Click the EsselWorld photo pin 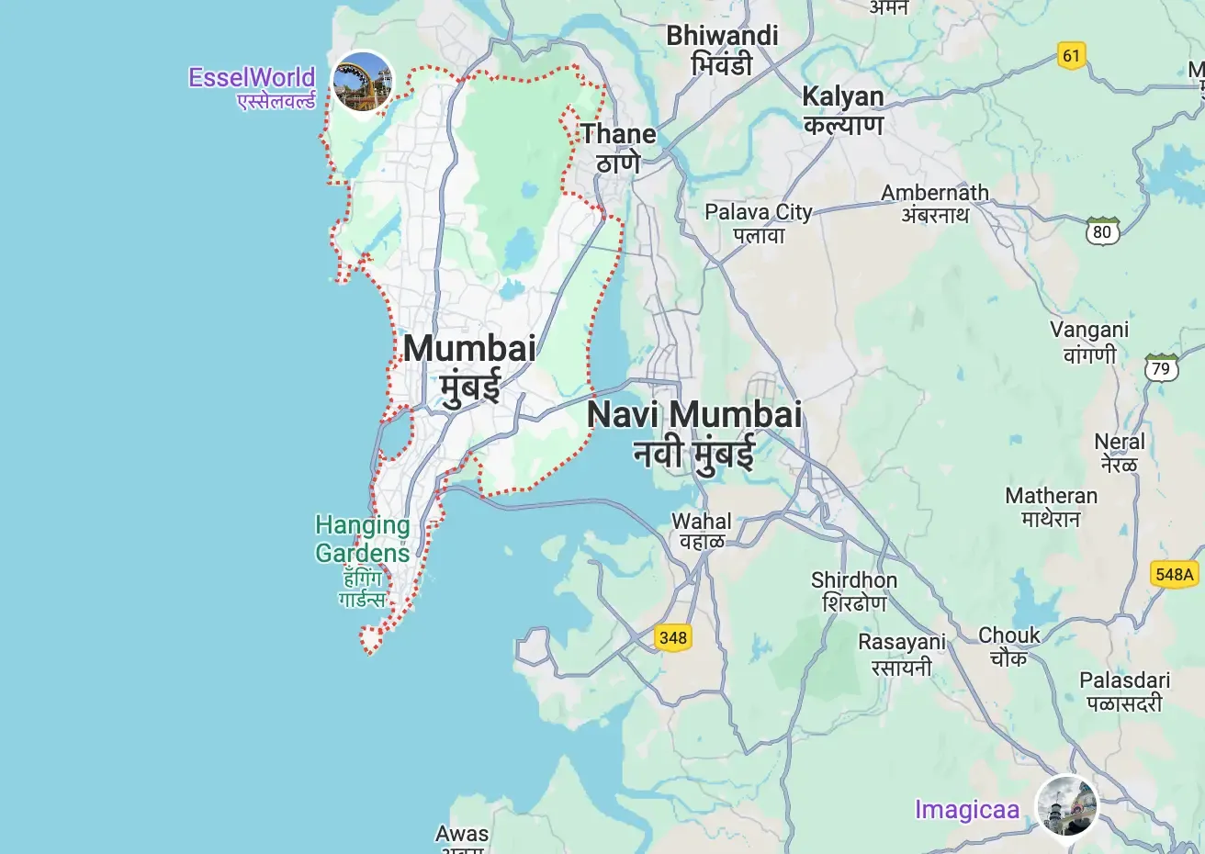point(362,81)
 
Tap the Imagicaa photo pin point(1066,805)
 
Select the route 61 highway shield point(1071,55)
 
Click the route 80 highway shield point(1102,231)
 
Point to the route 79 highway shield point(1161,368)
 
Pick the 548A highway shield point(1174,574)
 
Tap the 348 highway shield point(672,637)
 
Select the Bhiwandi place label point(722,50)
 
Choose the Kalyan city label point(842,109)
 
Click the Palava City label point(759,223)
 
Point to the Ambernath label point(935,203)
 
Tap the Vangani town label point(1089,342)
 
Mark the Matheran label point(1051,507)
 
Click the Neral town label point(1120,453)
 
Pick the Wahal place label point(702,532)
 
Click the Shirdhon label point(854,591)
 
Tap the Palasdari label point(1125,691)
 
